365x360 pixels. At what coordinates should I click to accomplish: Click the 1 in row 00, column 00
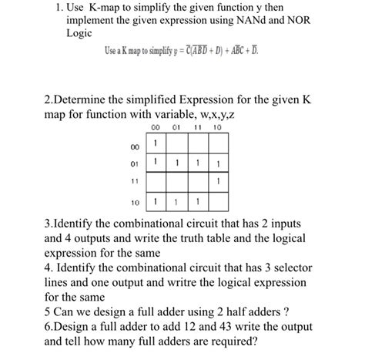tap(155, 143)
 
